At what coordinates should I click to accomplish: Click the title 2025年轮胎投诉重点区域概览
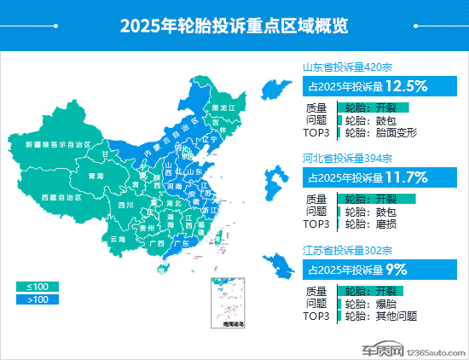pyautogui.click(x=234, y=26)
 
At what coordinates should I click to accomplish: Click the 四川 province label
pyautogui.click(x=126, y=206)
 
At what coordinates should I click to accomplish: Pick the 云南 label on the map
pyautogui.click(x=117, y=239)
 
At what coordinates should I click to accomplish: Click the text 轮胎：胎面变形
pyautogui.click(x=380, y=133)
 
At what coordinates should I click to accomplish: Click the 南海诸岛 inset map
pyautogui.click(x=228, y=304)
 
